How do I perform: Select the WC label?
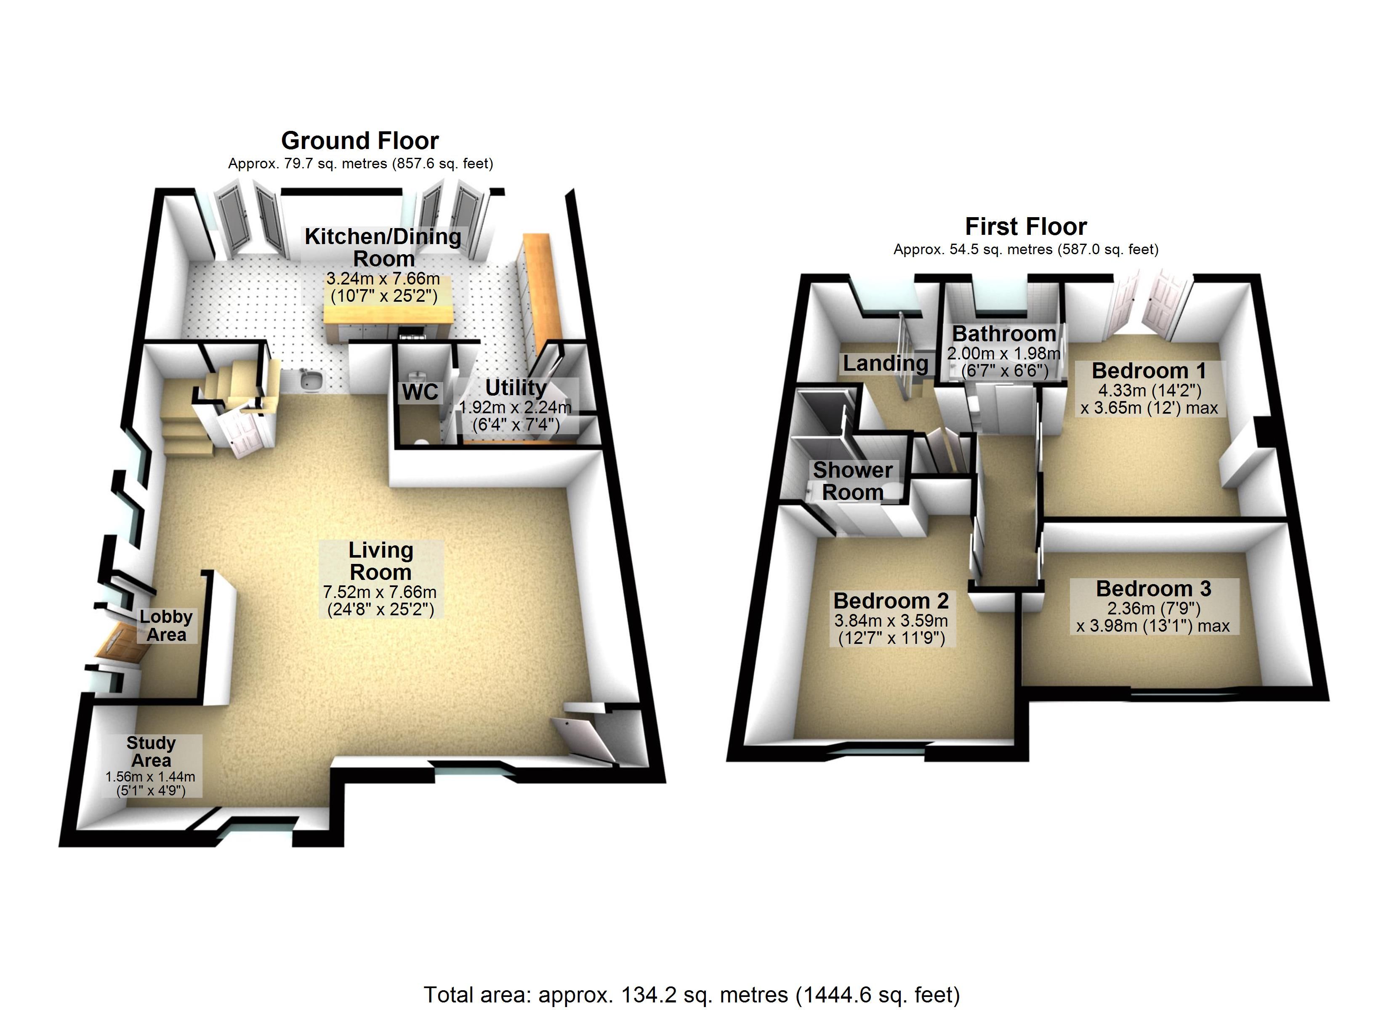pyautogui.click(x=420, y=392)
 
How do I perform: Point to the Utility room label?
pyautogui.click(x=516, y=388)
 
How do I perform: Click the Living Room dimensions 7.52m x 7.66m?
pyautogui.click(x=380, y=592)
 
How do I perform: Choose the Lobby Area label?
pyautogui.click(x=166, y=625)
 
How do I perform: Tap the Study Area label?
pyautogui.click(x=151, y=752)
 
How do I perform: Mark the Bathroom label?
pyautogui.click(x=1004, y=334)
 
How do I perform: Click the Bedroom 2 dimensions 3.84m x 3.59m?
pyautogui.click(x=891, y=620)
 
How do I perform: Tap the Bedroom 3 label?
pyautogui.click(x=1154, y=589)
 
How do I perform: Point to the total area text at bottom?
pyautogui.click(x=692, y=995)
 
